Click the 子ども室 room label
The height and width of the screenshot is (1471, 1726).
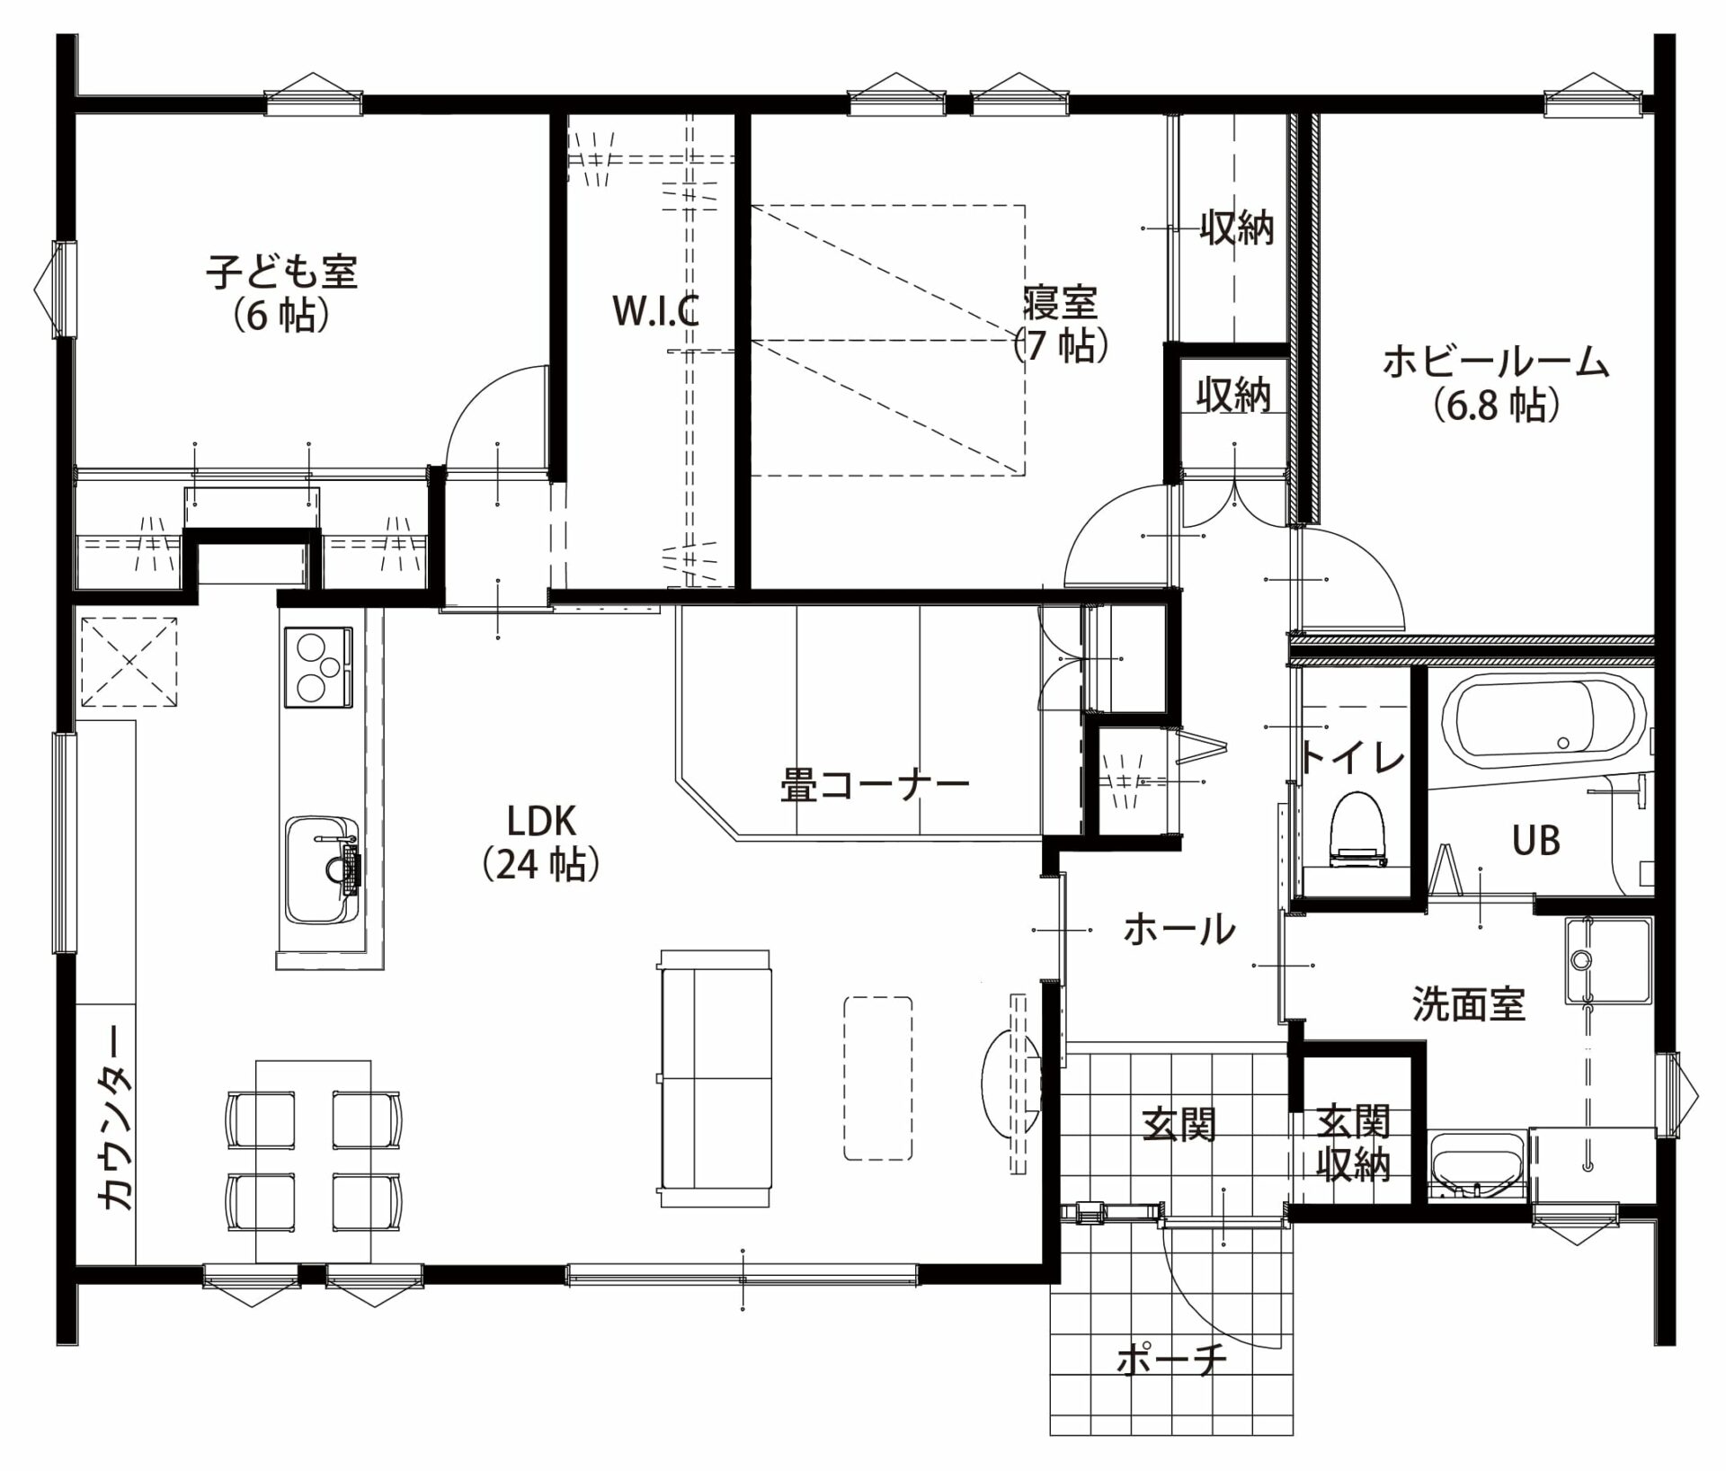[x=282, y=272]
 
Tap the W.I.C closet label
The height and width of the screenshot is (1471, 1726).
[x=655, y=311]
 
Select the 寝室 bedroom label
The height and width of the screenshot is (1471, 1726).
[x=1061, y=303]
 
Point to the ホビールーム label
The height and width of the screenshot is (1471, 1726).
[x=1495, y=363]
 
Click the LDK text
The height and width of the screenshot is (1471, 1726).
[x=541, y=820]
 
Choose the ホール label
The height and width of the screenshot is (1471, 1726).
[x=1179, y=929]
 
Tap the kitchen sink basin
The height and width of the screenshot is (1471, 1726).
[x=321, y=869]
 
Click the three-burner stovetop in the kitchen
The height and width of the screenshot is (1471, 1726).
[x=318, y=667]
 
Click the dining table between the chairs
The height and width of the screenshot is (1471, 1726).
[x=314, y=1161]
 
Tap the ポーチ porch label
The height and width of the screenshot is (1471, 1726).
[x=1171, y=1361]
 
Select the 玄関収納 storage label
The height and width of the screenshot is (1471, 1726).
[x=1354, y=1144]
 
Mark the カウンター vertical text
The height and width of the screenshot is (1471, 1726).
[x=116, y=1120]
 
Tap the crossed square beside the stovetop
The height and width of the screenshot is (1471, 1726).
[x=129, y=662]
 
